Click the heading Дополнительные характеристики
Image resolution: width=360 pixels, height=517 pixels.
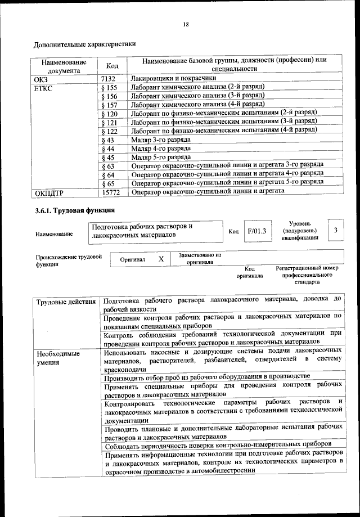point(85,44)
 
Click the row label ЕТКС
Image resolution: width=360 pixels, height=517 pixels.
point(44,88)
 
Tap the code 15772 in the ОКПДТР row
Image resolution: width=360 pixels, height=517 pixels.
point(111,192)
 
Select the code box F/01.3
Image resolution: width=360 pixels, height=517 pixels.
point(256,231)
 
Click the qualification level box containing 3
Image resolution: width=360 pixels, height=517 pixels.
point(335,230)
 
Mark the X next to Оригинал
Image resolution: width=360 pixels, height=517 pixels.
point(160,259)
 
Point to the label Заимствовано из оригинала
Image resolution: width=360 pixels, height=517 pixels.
point(200,258)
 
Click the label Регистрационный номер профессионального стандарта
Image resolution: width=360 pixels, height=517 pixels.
point(307,276)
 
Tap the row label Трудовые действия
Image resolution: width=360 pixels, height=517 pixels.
point(66,303)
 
